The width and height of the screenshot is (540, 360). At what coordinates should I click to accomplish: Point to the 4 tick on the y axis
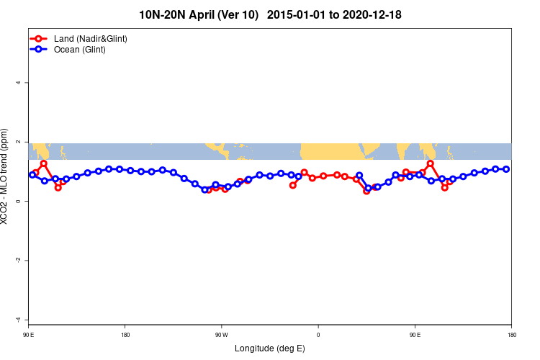tap(19, 83)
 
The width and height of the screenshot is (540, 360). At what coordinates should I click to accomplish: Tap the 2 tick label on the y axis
tap(19, 142)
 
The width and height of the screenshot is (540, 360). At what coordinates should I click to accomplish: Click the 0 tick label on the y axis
tap(19, 202)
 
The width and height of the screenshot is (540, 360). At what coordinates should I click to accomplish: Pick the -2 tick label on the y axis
tap(18, 261)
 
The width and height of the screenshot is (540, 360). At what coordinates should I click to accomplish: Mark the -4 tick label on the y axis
tap(18, 320)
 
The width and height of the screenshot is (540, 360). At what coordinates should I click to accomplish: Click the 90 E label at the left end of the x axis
tap(29, 335)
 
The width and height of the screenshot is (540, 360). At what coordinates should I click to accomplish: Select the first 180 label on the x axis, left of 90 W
tap(125, 335)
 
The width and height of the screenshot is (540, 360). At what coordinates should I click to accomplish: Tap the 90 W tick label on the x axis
tap(221, 335)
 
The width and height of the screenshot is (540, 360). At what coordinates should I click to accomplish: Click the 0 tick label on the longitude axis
tap(318, 335)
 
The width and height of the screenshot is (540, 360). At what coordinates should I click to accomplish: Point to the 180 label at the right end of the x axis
tap(511, 335)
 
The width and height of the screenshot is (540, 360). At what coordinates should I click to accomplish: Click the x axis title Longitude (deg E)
tap(270, 348)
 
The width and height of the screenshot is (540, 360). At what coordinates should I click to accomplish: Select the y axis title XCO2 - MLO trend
tap(6, 176)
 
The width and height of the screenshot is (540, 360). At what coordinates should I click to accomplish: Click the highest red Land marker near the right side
tap(431, 163)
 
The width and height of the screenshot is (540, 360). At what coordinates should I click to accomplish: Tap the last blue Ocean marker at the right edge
tap(506, 169)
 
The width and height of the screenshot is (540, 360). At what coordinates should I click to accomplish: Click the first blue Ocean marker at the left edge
tap(32, 175)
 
